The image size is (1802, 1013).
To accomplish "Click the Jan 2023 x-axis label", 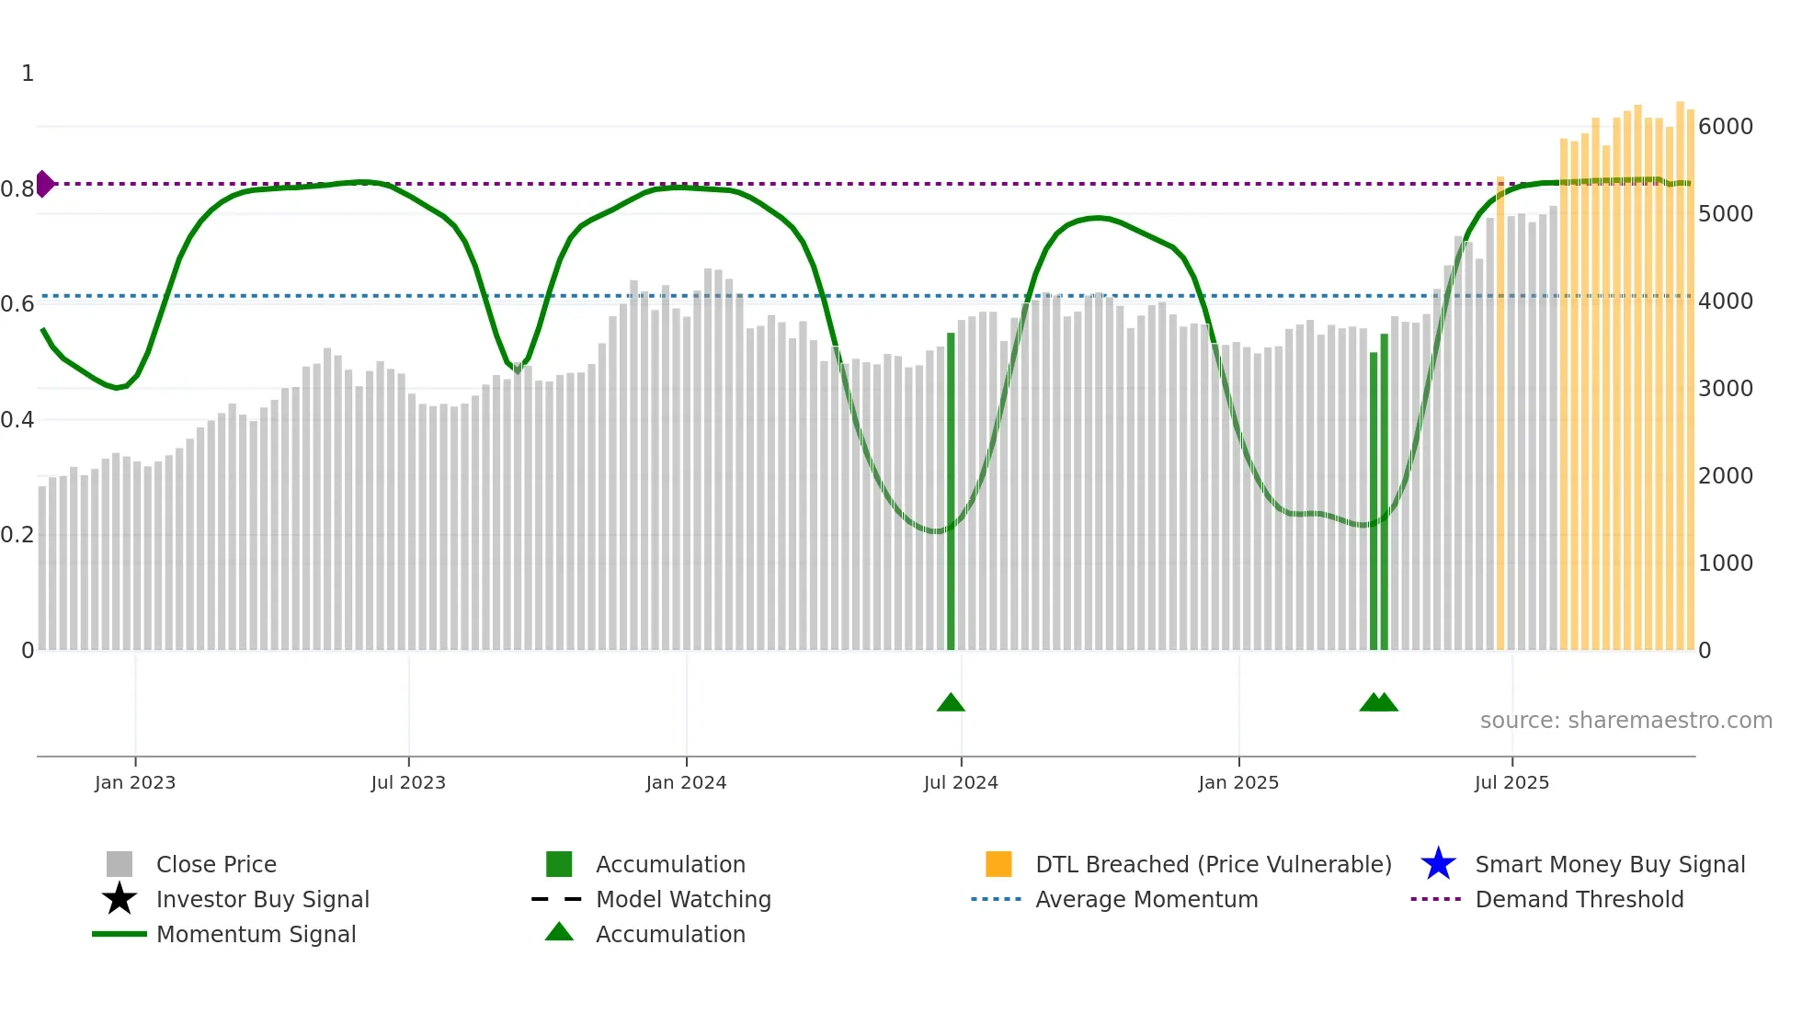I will pyautogui.click(x=134, y=782).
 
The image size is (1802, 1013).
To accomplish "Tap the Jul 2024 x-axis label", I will pyautogui.click(x=961, y=782).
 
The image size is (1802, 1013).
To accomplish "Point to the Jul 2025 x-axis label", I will pyautogui.click(x=1511, y=782).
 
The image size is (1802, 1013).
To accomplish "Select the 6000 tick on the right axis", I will pyautogui.click(x=1725, y=127).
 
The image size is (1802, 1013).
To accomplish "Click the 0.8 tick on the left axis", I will pyautogui.click(x=17, y=189).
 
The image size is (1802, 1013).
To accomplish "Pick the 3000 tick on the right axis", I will pyautogui.click(x=1725, y=389).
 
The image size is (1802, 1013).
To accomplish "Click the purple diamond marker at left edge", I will pyautogui.click(x=44, y=184).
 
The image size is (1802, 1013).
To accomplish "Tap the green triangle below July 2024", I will pyautogui.click(x=951, y=703).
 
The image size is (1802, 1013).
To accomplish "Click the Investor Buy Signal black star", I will pyautogui.click(x=120, y=899).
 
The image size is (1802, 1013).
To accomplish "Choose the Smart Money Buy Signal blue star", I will pyautogui.click(x=1438, y=864).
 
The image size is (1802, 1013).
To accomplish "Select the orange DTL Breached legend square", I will pyautogui.click(x=998, y=864).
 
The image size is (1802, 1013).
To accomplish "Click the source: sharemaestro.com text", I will pyautogui.click(x=1625, y=721).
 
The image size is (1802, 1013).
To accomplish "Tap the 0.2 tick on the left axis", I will pyautogui.click(x=17, y=535).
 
